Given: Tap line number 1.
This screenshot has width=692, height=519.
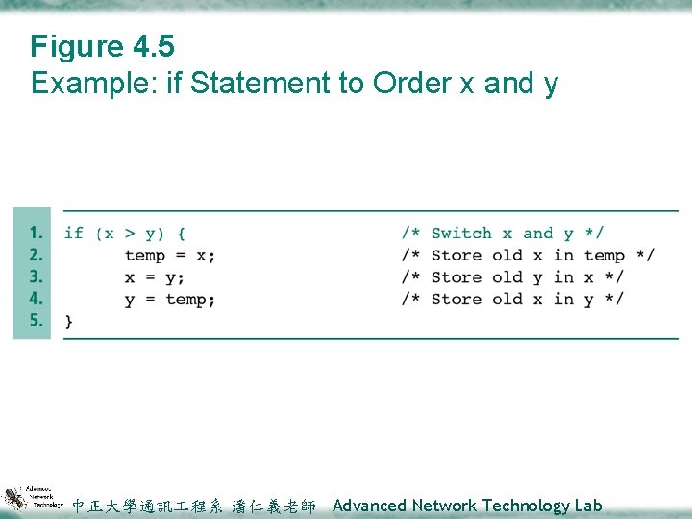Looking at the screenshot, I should pos(36,233).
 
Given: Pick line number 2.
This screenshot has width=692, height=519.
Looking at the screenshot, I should pos(36,255).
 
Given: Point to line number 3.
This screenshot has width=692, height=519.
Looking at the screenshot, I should pos(36,277).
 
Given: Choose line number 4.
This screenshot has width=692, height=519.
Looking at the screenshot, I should pos(36,299).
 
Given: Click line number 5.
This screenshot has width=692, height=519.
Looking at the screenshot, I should pos(36,320).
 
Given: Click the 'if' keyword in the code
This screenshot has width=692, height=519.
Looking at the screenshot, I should pos(73,233).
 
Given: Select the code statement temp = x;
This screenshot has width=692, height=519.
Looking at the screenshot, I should pos(170,256).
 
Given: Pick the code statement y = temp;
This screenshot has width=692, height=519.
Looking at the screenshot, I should pos(170,300).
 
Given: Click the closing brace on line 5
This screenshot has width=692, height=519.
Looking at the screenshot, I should pos(68,321).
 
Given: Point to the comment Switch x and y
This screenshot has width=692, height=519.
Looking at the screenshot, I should pos(503,233).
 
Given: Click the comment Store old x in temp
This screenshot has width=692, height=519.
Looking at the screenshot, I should pos(528,256).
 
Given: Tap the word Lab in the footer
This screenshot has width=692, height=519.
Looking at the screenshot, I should pos(587,506).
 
